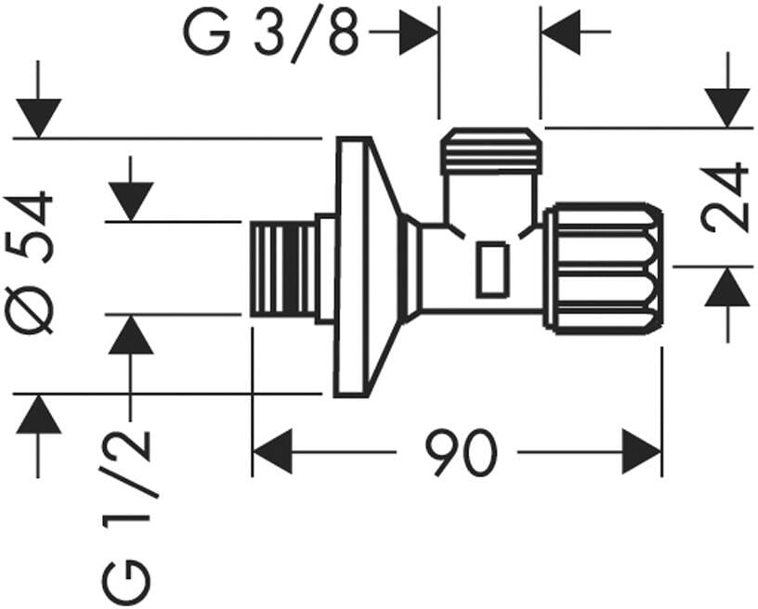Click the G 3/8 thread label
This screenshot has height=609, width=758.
point(271,33)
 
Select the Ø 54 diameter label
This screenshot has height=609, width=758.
point(29,264)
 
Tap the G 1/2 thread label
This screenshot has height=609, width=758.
point(126,517)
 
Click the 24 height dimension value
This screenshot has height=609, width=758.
point(725,196)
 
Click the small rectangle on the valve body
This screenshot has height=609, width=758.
point(492,269)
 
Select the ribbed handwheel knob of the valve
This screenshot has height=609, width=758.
point(602,269)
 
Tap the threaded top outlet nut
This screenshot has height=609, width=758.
point(490,150)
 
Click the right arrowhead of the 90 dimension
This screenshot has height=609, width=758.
point(642,452)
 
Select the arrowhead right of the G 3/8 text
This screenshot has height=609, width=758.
point(419,32)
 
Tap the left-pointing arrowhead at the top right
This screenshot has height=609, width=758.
point(561,32)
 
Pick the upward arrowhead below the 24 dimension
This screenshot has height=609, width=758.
point(727,286)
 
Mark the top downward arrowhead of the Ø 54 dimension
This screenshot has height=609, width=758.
point(39,118)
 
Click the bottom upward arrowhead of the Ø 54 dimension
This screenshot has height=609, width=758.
point(39,414)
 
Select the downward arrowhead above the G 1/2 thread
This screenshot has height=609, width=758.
point(131,201)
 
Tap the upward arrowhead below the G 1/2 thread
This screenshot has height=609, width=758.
point(131,334)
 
